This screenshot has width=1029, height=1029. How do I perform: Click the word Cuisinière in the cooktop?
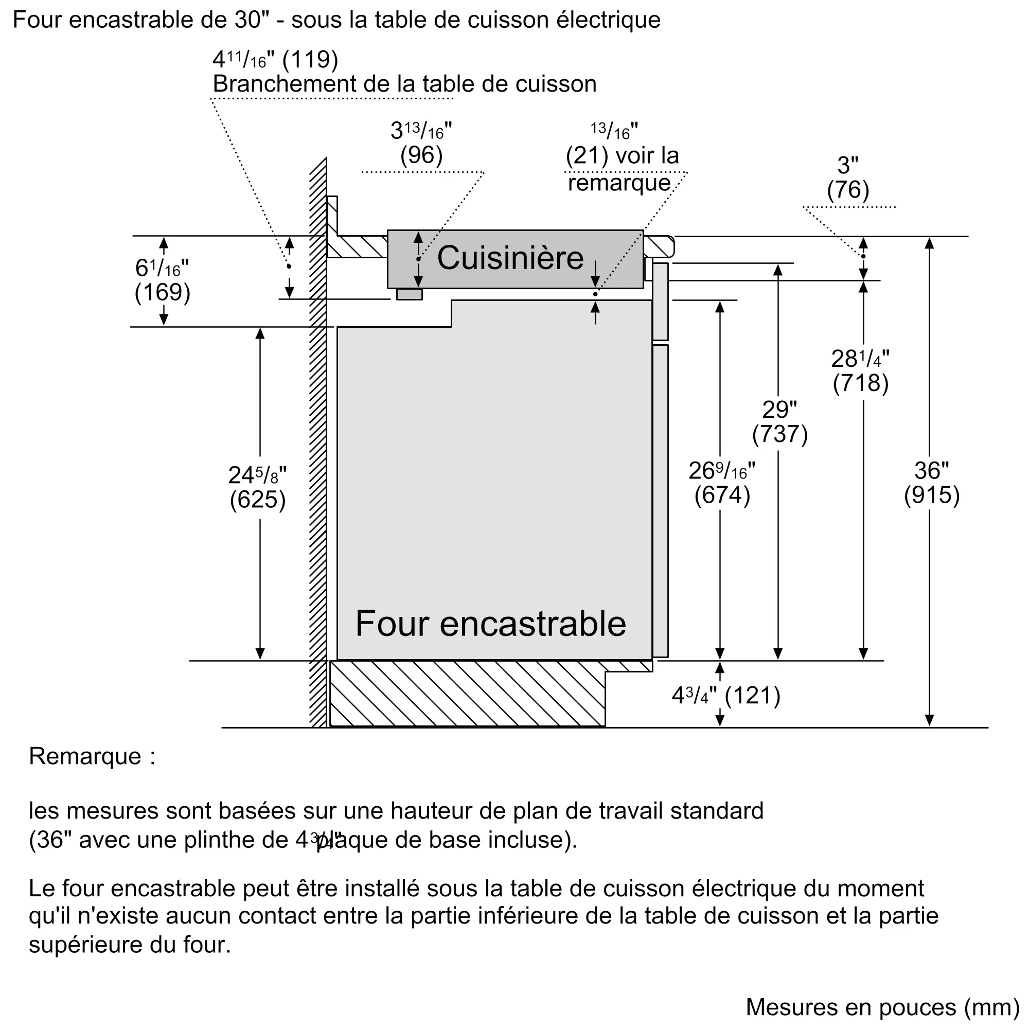(510, 258)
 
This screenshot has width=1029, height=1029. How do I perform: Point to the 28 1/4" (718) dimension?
(860, 371)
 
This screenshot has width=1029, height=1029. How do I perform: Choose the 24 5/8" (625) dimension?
(258, 487)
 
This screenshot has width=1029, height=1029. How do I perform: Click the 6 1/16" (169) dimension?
(163, 281)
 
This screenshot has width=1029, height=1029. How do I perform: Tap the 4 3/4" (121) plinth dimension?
(726, 696)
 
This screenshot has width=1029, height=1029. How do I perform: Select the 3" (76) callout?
(848, 178)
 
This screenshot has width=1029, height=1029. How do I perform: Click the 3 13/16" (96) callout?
(421, 143)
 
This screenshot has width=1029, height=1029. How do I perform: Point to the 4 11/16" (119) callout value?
(275, 60)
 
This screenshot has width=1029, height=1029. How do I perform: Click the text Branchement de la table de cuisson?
(404, 84)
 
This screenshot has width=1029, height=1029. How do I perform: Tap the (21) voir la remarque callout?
(622, 168)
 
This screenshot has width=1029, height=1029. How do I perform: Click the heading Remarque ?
(92, 756)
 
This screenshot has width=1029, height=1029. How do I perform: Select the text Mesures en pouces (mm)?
(882, 1007)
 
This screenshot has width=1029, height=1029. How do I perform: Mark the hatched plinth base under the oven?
(467, 694)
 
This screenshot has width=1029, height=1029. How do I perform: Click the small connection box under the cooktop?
(409, 294)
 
